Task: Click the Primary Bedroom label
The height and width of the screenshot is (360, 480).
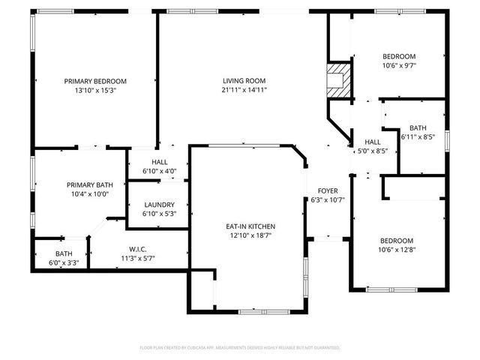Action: click(x=94, y=81)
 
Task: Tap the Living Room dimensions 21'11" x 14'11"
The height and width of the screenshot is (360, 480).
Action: click(x=244, y=90)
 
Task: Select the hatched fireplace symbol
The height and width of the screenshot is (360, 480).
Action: click(x=340, y=78)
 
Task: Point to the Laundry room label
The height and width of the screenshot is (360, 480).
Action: click(x=159, y=205)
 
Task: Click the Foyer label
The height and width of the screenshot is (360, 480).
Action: click(x=327, y=191)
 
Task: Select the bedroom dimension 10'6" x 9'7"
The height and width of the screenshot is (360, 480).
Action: click(x=399, y=65)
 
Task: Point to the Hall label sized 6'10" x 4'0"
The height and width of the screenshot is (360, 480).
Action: click(x=159, y=162)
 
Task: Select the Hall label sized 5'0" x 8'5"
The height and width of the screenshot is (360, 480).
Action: click(x=372, y=142)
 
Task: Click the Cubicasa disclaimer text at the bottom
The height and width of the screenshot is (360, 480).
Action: click(x=240, y=348)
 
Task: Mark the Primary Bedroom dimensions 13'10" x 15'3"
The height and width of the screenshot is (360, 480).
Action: click(x=94, y=90)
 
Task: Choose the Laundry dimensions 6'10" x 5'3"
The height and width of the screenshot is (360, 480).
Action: click(x=159, y=214)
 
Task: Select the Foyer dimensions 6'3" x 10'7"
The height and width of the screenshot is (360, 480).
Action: click(x=327, y=200)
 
